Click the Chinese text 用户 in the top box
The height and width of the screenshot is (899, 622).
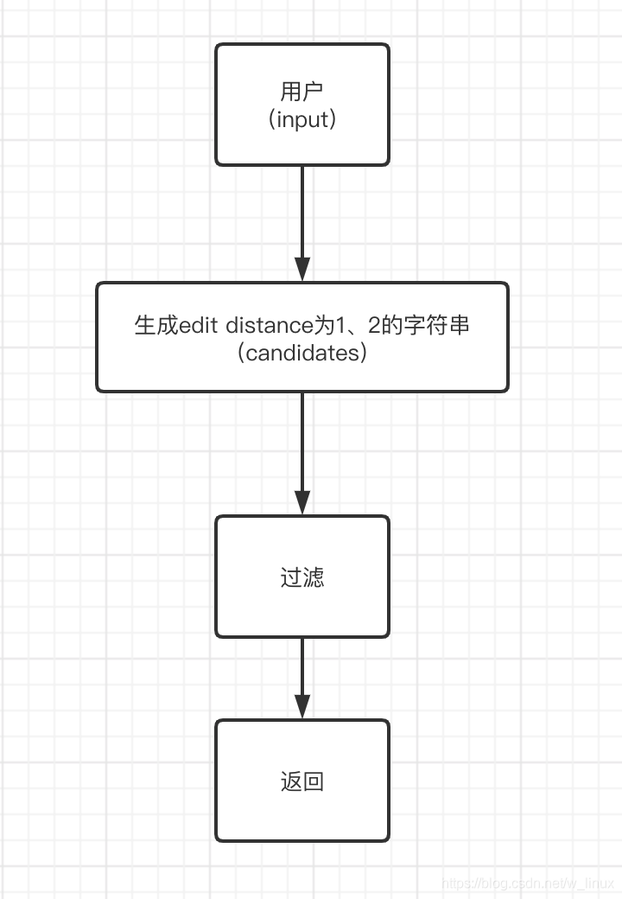click(301, 92)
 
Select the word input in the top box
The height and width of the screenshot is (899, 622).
click(302, 119)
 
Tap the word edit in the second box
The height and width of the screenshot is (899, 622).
click(199, 326)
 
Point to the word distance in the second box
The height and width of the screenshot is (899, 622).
click(267, 326)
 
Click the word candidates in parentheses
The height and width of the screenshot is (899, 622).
click(301, 353)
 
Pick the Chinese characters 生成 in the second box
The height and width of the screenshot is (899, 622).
click(156, 326)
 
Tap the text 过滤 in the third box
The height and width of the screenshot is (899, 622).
click(301, 577)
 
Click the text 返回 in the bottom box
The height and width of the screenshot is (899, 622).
click(301, 781)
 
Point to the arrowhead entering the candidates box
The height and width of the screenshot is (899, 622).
click(302, 269)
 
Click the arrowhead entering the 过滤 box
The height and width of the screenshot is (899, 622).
click(302, 502)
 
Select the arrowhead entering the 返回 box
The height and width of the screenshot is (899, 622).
click(302, 706)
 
